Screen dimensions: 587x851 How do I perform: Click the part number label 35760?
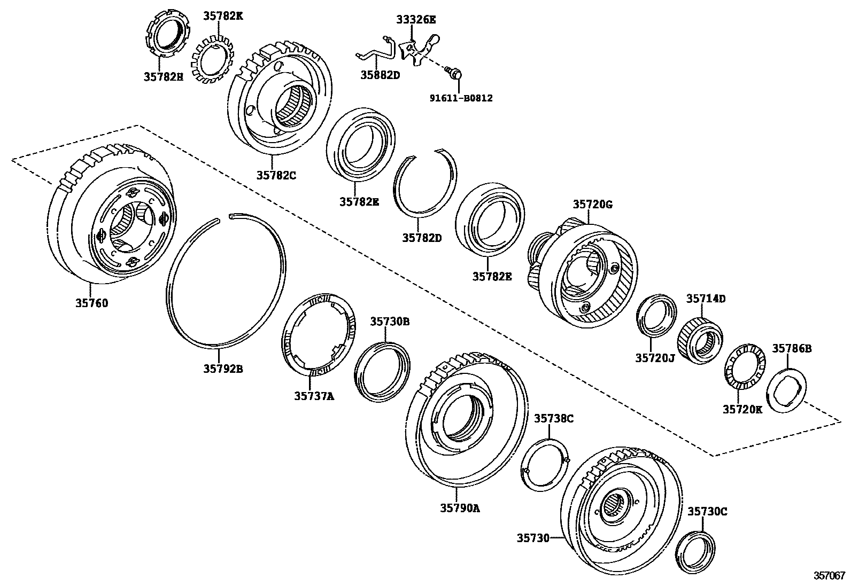91,303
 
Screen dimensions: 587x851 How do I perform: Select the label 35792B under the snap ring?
223,368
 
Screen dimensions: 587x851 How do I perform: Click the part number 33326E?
416,20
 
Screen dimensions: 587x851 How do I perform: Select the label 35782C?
275,174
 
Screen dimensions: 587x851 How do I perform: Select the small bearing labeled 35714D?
700,341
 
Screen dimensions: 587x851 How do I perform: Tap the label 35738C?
554,418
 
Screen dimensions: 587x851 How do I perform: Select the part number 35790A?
460,508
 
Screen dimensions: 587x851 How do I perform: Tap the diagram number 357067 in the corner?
829,576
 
